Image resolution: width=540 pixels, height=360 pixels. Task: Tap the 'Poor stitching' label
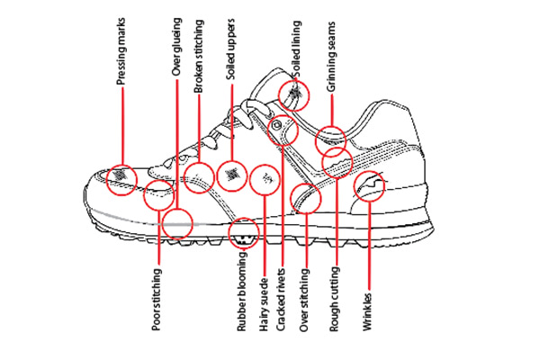tap(157, 300)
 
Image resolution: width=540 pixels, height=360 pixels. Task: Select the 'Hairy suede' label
tap(264, 301)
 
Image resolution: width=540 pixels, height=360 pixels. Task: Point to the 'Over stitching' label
tap(304, 301)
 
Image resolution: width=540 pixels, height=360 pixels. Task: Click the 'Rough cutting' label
tap(335, 301)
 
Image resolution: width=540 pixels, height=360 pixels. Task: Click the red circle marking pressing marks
tap(121, 179)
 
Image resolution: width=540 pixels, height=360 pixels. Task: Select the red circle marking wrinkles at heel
tap(370, 187)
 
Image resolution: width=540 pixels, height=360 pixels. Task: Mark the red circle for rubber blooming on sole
tap(244, 233)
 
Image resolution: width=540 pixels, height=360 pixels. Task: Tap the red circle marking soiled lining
tap(295, 94)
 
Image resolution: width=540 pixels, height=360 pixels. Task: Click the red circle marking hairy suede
tap(265, 180)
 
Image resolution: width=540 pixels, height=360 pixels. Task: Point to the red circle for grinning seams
tap(330, 140)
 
